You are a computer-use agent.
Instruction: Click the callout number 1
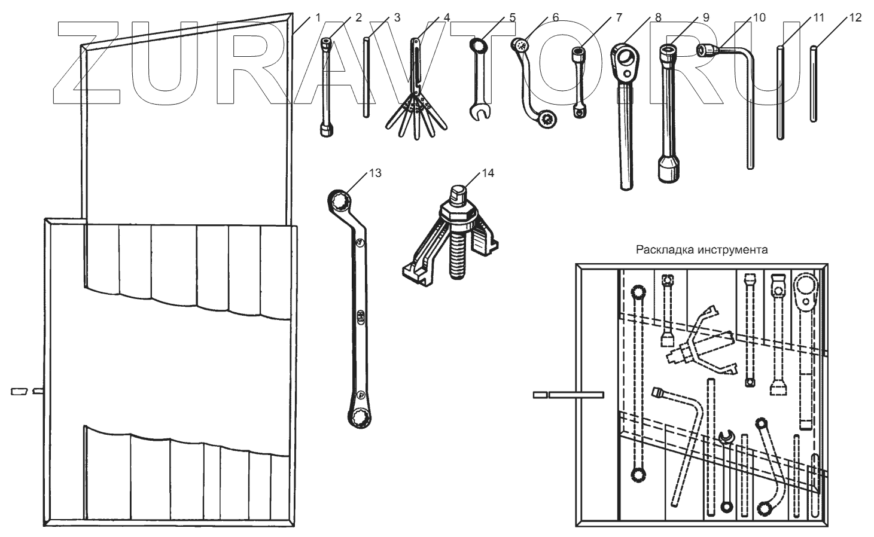[x=318, y=18]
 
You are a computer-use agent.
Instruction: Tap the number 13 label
[x=375, y=173]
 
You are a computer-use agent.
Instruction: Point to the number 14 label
[x=488, y=173]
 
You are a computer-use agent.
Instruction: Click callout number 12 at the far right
[x=855, y=18]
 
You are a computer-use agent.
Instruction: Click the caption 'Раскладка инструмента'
[x=702, y=250]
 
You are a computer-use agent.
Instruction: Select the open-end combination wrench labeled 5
[x=479, y=78]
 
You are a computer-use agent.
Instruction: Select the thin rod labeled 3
[x=367, y=78]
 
